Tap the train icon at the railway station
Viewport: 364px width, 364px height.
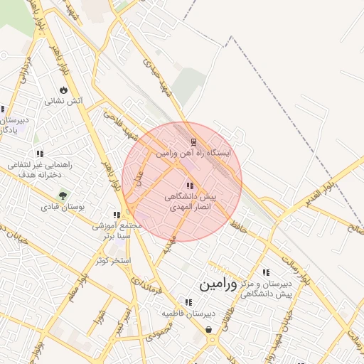point(192,142)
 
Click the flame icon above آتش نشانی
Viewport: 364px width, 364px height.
point(63,90)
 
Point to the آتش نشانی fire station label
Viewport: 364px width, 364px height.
point(64,101)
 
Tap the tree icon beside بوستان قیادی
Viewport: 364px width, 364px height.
point(64,195)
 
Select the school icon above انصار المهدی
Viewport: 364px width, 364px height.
point(189,186)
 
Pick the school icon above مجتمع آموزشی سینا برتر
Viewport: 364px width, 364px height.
point(117,215)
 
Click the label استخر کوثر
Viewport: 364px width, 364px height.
point(114,261)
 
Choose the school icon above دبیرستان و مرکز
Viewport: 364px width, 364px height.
point(266,272)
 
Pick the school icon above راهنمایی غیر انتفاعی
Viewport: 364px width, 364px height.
point(40,154)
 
